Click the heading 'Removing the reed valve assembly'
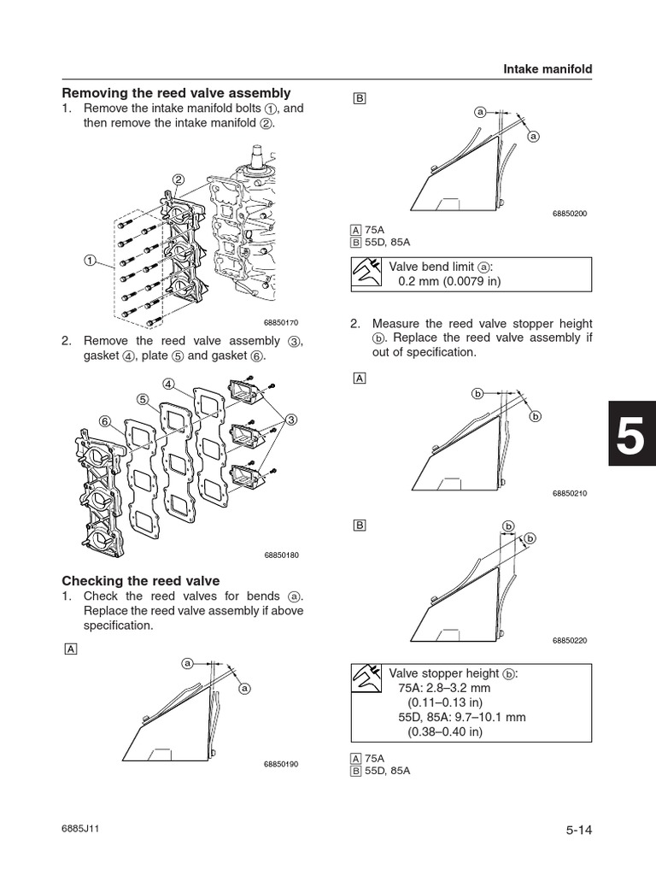176,92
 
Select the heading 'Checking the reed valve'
140,580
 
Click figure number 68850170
282,322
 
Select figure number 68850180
282,555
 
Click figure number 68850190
282,764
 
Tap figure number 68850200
570,214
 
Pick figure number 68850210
570,494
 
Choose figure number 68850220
570,640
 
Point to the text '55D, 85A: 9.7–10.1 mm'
462,717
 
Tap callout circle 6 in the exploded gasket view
104,422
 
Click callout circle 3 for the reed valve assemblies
292,419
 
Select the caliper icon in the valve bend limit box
367,273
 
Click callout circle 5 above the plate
143,398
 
